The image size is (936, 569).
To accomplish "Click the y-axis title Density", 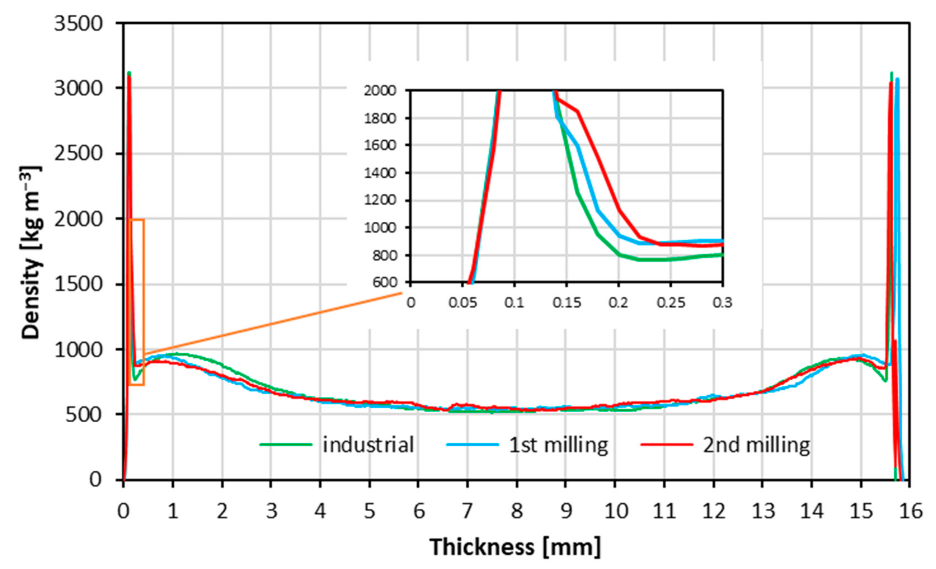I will coord(31,253).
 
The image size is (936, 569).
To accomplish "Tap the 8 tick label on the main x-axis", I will coord(516,511).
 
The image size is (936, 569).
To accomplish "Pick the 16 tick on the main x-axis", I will coord(909,511).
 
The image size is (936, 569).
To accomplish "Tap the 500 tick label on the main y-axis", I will coord(84,415).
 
